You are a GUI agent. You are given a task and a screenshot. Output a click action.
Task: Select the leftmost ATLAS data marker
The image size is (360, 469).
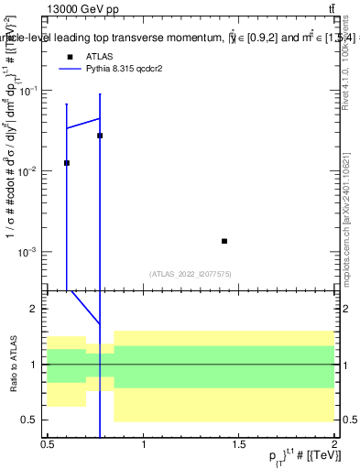point(67,163)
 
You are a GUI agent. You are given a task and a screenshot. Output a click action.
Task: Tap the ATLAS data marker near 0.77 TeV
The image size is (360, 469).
point(100,136)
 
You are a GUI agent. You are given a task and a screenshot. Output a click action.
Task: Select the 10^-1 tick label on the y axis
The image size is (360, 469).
point(30,91)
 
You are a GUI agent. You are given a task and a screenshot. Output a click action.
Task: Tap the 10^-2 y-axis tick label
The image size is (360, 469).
point(30,171)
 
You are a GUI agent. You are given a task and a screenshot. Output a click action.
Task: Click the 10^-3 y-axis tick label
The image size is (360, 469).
point(30,252)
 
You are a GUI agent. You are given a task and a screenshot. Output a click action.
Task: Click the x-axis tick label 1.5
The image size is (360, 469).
point(238,443)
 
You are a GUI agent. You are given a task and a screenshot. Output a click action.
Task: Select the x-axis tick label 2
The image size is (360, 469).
point(333,443)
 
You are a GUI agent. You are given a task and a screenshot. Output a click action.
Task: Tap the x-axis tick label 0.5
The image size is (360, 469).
point(48,443)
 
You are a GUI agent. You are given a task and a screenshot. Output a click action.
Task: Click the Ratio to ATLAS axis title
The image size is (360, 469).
point(12,365)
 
